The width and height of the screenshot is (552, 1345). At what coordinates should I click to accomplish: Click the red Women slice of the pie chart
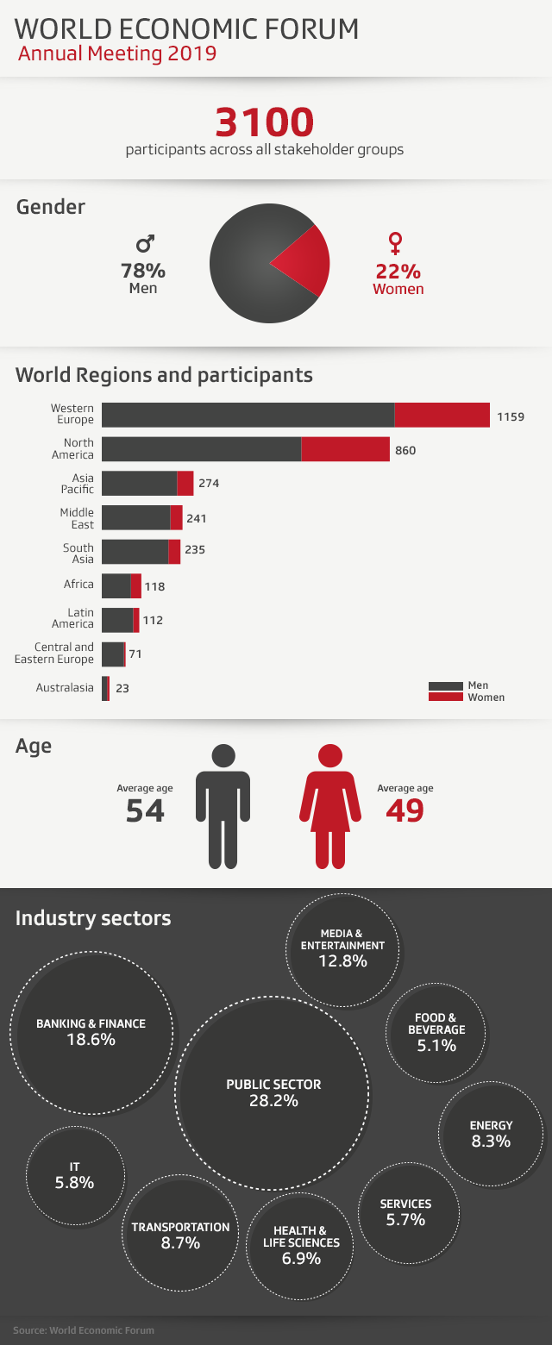coord(307,262)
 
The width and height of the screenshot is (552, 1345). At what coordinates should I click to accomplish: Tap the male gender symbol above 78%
coord(145,243)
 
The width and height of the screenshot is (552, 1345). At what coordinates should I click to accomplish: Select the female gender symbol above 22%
coord(396,242)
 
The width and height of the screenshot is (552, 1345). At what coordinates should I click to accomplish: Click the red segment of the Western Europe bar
coord(442,415)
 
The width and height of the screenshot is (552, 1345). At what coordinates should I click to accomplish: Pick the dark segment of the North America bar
coord(201,449)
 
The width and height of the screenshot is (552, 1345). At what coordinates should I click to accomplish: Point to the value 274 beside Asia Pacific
coord(209,484)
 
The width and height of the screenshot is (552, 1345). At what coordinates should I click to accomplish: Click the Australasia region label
coord(65,688)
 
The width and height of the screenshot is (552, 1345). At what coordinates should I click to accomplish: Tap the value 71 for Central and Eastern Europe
coord(135,654)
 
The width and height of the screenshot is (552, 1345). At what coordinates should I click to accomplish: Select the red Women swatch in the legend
coord(446,696)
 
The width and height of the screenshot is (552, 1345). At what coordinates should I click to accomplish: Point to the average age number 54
coord(145,811)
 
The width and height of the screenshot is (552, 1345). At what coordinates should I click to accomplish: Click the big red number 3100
coord(264,122)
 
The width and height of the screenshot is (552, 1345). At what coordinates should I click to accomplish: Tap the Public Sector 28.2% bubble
coord(273,1092)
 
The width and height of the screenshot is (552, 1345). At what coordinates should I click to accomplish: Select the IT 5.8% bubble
coord(74,1176)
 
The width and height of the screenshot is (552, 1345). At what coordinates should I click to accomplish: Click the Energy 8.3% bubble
coord(490,1134)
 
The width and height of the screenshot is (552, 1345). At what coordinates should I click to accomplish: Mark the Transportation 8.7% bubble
coord(180,1235)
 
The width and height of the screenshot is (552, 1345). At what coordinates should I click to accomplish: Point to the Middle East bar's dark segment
coord(135,518)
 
